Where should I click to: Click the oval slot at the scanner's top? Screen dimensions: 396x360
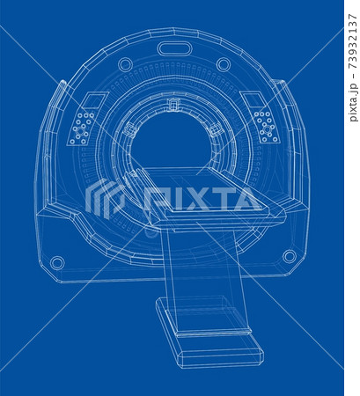173,48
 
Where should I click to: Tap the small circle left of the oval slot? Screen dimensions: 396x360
125,64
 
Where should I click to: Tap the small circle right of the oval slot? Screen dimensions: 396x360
224,64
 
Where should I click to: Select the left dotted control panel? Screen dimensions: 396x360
83,128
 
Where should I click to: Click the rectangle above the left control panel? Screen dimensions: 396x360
95,99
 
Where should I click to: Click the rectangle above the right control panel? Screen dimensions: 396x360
252,99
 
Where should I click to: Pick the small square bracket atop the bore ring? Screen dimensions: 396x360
173,105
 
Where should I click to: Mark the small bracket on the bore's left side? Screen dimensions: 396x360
130,129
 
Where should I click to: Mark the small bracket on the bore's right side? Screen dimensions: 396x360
215,129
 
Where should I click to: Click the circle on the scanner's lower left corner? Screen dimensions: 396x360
57,262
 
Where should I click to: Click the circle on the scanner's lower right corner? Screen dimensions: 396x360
289,256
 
